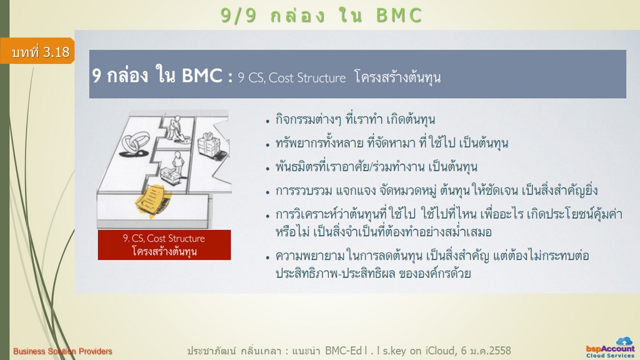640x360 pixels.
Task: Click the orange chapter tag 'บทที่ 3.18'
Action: tap(37, 51)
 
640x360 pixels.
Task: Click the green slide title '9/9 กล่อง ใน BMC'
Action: tap(321, 16)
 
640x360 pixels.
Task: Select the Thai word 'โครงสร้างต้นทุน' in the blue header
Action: tap(397, 77)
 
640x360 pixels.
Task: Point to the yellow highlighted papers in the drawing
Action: tap(152, 199)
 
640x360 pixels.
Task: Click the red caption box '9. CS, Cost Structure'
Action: tap(164, 245)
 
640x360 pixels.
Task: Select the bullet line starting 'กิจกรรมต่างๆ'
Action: tap(355, 120)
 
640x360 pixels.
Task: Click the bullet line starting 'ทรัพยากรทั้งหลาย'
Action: tap(392, 143)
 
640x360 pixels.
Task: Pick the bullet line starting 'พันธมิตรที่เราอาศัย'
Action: tap(376, 167)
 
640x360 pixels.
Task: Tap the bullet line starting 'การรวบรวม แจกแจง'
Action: tap(436, 190)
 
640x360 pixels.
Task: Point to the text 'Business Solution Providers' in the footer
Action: tap(62, 351)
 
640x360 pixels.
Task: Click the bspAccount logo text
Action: tap(610, 349)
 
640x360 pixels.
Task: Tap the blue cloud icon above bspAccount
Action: tap(624, 341)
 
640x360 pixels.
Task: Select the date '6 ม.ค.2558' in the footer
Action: tap(486, 350)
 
